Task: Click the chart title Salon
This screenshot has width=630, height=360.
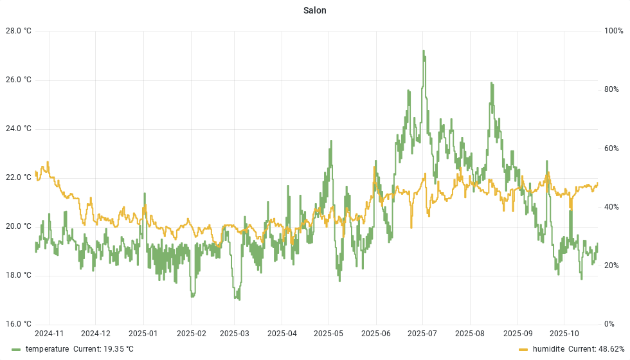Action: tap(315, 10)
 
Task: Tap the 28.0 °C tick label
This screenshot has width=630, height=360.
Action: tap(19, 31)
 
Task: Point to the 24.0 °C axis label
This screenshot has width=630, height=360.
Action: tap(19, 129)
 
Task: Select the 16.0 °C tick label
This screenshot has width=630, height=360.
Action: tap(19, 324)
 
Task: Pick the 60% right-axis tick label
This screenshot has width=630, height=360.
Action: tap(611, 148)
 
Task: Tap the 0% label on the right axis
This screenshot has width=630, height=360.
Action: tap(609, 324)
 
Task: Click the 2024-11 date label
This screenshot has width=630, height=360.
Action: tap(49, 334)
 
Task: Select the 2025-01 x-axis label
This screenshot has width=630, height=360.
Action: tap(143, 334)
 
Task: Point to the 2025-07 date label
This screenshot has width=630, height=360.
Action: tap(423, 334)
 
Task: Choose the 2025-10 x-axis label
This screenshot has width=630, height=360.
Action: tap(564, 334)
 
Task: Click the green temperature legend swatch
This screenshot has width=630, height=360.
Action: tap(17, 349)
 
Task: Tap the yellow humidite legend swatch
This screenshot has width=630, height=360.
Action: tap(523, 349)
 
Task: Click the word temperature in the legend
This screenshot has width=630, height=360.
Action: tap(47, 349)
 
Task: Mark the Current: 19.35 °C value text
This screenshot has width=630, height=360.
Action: tap(104, 349)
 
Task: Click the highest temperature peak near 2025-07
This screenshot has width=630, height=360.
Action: tap(423, 51)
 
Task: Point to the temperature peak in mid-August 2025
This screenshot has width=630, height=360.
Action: tap(491, 83)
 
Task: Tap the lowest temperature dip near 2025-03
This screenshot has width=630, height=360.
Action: tap(238, 299)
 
